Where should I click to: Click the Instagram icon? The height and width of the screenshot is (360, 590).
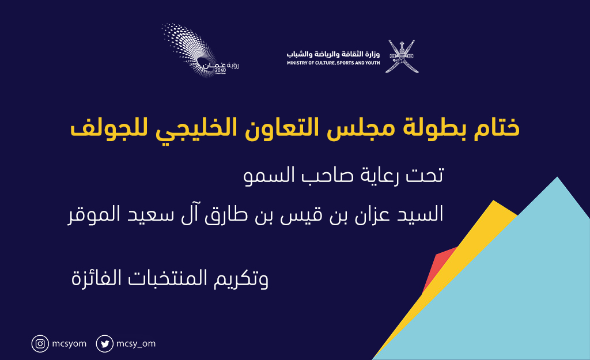[40, 344]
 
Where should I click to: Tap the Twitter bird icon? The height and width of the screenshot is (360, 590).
[105, 344]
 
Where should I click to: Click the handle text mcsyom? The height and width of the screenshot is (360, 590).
[69, 344]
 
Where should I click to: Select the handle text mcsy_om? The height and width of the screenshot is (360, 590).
[136, 344]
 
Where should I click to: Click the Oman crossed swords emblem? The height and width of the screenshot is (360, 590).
[402, 56]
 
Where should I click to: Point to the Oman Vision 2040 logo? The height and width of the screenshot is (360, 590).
[200, 51]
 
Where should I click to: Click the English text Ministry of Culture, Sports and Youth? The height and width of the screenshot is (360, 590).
[334, 63]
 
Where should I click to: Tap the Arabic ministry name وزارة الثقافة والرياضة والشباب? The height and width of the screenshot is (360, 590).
[334, 54]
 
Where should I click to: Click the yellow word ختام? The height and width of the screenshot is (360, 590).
[497, 127]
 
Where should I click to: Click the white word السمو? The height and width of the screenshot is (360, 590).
[263, 175]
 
